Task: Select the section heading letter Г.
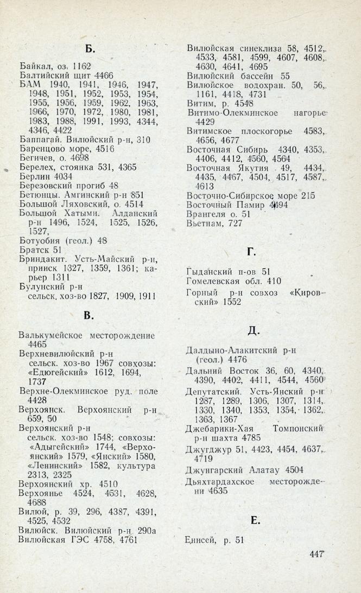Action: [x=251, y=251]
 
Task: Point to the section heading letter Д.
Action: [x=251, y=331]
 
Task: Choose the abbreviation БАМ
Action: [x=29, y=85]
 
